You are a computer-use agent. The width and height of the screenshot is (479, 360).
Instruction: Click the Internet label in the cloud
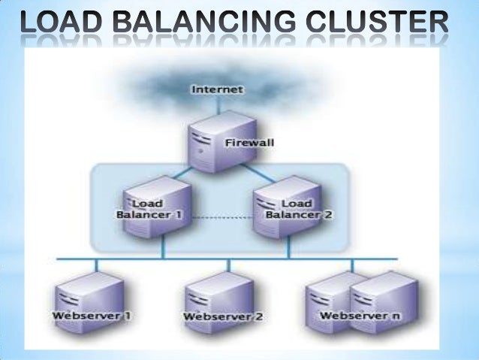pyautogui.click(x=218, y=90)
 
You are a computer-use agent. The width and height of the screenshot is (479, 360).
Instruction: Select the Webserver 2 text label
pyautogui.click(x=223, y=316)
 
